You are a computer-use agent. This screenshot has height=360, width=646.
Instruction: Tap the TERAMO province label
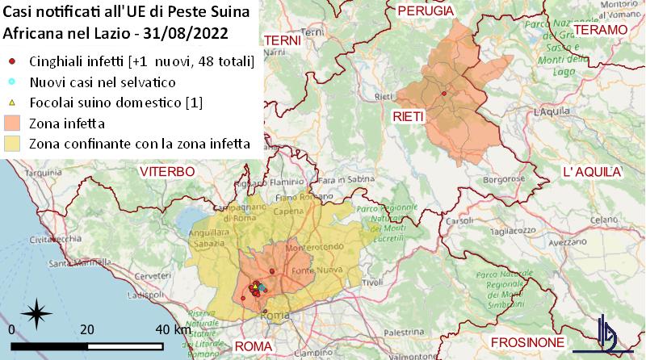599,30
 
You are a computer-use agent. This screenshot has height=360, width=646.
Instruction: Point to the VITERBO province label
167,172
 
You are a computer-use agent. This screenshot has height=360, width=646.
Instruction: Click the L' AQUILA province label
591,173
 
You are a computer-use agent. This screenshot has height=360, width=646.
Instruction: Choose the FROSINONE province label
528,341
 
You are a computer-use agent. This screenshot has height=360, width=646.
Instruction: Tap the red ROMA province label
254,346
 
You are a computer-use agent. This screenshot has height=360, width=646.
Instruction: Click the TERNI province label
282,40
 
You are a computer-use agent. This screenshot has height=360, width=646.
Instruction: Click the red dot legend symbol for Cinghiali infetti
12,61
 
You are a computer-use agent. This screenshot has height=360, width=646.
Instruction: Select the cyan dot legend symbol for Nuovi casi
12,82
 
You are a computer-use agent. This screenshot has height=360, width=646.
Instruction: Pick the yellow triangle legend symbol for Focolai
12,103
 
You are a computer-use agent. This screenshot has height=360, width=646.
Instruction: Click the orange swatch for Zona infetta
12,123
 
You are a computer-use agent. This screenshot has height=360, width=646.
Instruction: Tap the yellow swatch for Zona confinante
12,144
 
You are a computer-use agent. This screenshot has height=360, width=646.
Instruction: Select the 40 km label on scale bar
173,330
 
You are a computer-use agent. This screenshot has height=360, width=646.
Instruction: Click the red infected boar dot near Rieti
444,94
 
